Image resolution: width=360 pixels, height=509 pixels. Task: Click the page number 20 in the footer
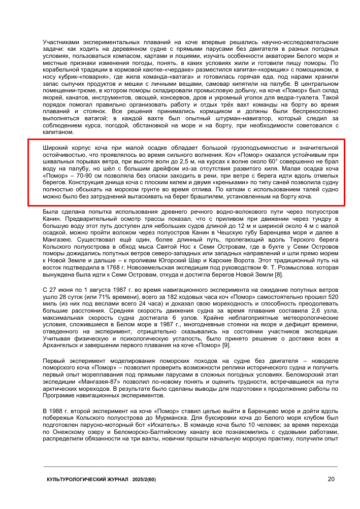(x=331, y=479)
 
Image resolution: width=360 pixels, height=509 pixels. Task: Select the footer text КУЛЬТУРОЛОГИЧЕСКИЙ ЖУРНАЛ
(x=87, y=479)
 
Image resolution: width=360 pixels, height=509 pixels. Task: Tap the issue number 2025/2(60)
(x=144, y=479)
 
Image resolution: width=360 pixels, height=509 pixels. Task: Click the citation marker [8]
(x=279, y=275)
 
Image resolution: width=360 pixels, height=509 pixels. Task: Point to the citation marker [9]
(x=224, y=346)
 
